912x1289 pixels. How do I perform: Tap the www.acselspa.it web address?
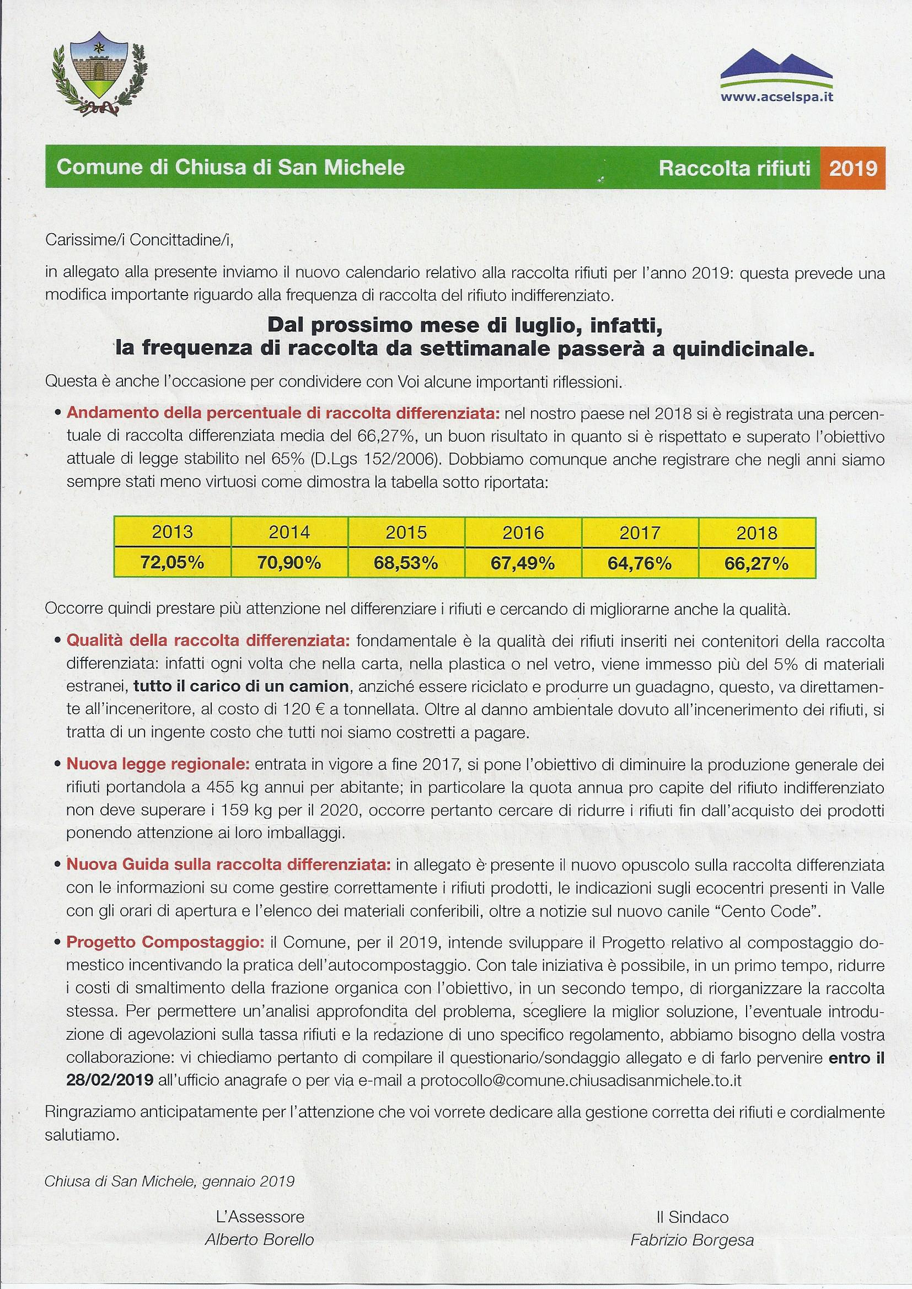(776, 97)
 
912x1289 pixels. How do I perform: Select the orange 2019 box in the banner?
(852, 168)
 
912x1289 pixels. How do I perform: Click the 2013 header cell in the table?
(173, 531)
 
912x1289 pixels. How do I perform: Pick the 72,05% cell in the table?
(173, 563)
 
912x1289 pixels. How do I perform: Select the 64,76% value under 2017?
(639, 563)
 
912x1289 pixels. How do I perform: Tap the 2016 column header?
(523, 531)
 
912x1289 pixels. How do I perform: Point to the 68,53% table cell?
(406, 563)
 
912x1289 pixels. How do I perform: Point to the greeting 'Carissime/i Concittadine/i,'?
(138, 240)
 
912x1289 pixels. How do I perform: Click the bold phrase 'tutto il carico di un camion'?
(241, 686)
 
